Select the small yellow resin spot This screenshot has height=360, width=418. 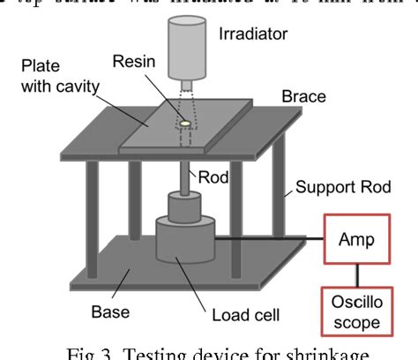pos(185,124)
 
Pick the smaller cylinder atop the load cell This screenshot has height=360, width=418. pos(184,209)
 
